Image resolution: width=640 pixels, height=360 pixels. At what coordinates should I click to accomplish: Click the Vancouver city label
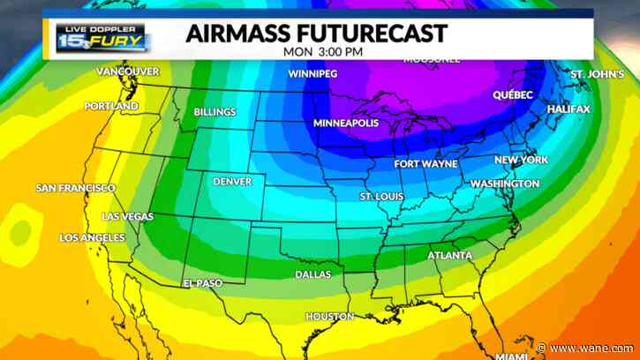(x=127, y=71)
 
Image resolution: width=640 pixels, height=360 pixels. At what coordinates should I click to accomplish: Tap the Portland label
(x=111, y=106)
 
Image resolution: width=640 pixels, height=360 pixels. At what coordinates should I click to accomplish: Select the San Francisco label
(x=75, y=188)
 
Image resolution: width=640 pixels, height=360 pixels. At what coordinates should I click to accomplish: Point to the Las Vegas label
(x=127, y=216)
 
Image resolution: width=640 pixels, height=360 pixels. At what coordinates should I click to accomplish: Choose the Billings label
(x=215, y=112)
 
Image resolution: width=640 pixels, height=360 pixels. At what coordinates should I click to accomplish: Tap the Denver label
(x=232, y=182)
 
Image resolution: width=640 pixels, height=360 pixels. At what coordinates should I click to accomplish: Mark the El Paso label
(x=202, y=283)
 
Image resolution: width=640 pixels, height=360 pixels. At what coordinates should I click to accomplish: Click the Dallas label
(x=313, y=274)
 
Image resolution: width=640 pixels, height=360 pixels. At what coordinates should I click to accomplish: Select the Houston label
(x=329, y=316)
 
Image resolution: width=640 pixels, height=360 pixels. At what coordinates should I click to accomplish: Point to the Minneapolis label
(x=346, y=123)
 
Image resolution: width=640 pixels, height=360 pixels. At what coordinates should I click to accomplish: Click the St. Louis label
(x=381, y=195)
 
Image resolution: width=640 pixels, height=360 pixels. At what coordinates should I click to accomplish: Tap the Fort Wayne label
(x=425, y=164)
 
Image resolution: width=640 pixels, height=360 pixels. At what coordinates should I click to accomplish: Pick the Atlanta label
(x=449, y=256)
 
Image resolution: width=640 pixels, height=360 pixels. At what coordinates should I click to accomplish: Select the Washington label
(x=504, y=184)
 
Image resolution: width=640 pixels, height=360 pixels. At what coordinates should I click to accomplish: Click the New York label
(x=521, y=160)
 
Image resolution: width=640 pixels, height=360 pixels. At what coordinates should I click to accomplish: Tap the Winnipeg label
(x=312, y=73)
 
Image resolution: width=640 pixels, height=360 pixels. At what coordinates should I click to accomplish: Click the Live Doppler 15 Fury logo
(x=103, y=37)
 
